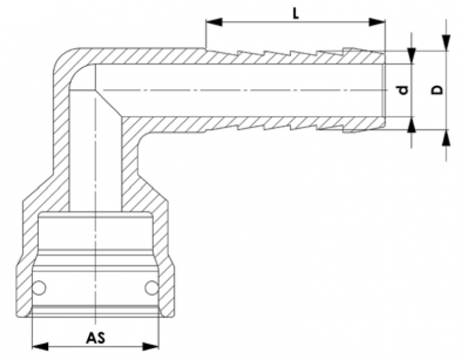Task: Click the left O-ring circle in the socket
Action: click(39, 287)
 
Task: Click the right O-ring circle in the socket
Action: click(151, 287)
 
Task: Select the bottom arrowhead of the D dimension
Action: click(446, 137)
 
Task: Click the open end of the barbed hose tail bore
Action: click(383, 90)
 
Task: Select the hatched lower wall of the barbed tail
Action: click(260, 123)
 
